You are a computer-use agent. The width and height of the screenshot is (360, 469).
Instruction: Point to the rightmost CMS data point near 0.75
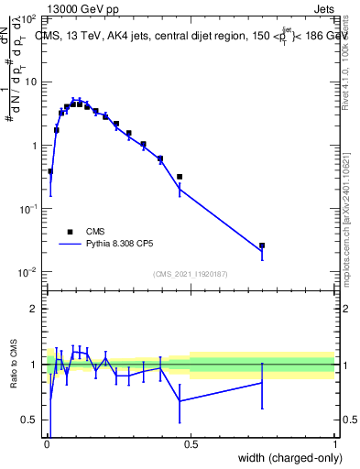[x=262, y=245]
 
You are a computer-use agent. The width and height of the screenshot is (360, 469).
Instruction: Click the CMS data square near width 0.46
[x=180, y=177]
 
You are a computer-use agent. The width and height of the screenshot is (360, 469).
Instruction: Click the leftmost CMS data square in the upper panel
[x=50, y=171]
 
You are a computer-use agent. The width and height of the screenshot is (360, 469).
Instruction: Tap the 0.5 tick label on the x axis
[x=191, y=444]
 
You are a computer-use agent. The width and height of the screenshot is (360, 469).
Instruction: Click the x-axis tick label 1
[x=334, y=444]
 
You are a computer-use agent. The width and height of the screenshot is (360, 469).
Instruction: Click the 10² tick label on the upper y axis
[x=29, y=18]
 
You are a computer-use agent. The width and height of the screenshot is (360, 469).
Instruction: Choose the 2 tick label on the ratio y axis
[x=35, y=309]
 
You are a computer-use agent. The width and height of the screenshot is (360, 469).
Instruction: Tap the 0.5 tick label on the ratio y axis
[x=31, y=420]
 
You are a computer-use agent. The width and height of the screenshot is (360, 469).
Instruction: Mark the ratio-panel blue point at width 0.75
[x=262, y=382]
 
